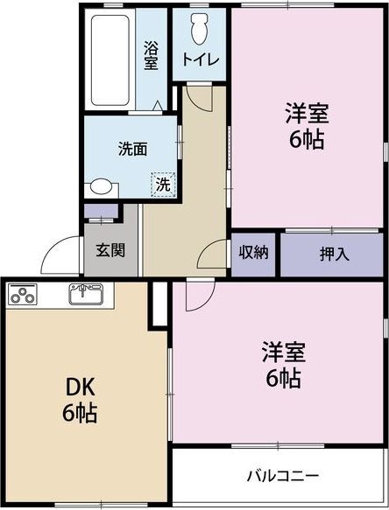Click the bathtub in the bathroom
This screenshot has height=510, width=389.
point(110,57)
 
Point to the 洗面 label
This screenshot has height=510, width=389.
point(132,149)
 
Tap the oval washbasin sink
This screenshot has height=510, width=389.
point(102,186)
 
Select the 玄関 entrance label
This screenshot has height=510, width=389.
point(110,249)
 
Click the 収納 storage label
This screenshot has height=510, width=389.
point(254,253)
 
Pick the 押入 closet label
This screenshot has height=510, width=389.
point(334,254)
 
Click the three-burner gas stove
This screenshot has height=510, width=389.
point(25,297)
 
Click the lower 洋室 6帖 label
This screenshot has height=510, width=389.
point(282,366)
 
